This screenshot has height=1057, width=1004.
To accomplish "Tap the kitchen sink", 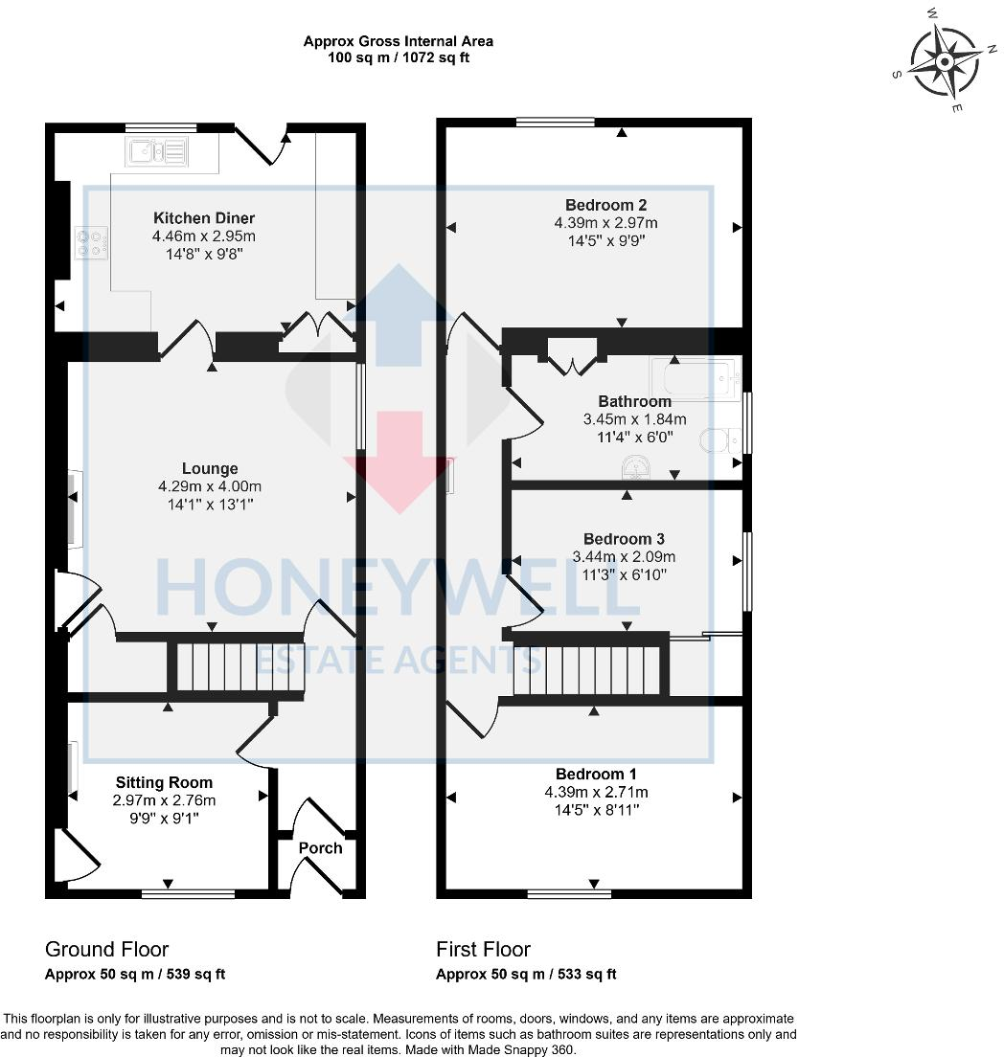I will coord(155,150).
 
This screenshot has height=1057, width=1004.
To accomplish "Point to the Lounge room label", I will coord(210,468).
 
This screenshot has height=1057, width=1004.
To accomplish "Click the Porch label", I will coord(320,847).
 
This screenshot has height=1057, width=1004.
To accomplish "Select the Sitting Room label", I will coord(164,782).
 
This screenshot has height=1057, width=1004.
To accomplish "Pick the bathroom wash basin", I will coord(635,466).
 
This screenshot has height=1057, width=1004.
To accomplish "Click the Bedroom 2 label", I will coord(605,205).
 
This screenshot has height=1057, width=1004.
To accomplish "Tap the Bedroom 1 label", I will coord(596,774).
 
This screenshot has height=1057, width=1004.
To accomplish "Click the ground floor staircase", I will coord(235,666).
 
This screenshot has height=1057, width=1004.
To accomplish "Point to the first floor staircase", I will coord(586,667).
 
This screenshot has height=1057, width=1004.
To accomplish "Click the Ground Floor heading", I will coord(106,949).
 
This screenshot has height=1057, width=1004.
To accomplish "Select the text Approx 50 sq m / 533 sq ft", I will coord(526,975).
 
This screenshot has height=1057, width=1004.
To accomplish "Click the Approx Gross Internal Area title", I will coord(399,41).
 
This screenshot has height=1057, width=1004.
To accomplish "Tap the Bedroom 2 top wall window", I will coord(555,122).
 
